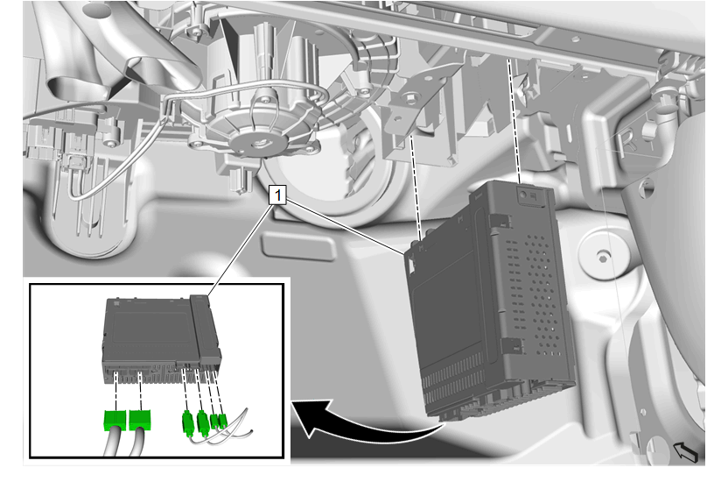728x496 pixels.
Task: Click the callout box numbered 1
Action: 277,195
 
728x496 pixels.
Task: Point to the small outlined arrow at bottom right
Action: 686,452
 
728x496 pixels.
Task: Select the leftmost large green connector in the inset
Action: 115,421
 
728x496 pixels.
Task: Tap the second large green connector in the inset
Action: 140,420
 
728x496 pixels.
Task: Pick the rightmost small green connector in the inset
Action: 222,422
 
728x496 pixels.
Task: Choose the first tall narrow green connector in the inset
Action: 187,423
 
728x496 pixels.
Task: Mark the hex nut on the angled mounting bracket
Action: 409,98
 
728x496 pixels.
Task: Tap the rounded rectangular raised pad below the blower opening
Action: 299,247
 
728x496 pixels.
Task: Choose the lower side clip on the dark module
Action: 512,346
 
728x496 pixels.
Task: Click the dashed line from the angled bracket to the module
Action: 416,188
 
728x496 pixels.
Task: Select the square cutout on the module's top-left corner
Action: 411,262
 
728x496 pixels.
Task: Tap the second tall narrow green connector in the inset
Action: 202,422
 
